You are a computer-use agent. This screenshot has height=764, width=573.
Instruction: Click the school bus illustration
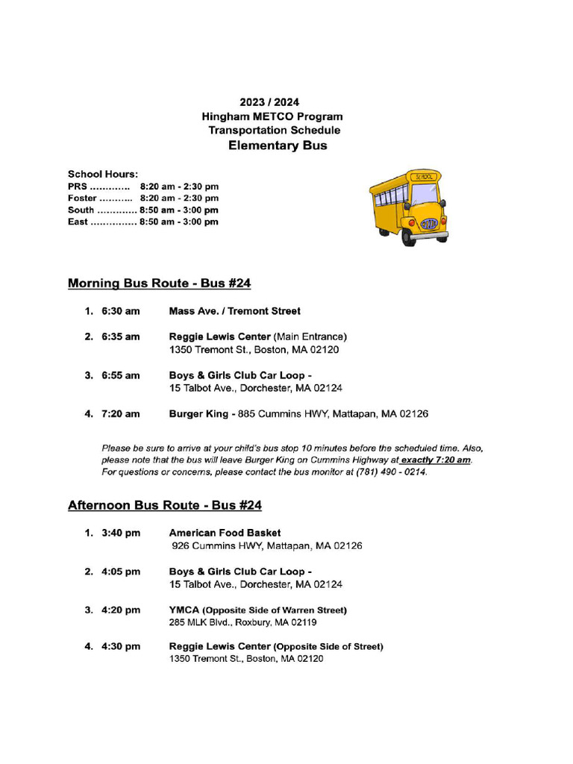tap(408, 207)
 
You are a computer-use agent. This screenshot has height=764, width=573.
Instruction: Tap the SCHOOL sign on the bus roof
tap(424, 177)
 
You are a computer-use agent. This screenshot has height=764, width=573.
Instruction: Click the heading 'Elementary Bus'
tap(277, 145)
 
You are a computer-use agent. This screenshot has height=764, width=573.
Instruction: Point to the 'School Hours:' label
tap(103, 174)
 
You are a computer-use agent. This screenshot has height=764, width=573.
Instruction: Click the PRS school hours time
tap(179, 186)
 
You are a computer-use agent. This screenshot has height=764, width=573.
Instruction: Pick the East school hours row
tap(143, 222)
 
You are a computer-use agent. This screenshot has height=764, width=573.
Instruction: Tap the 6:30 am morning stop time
tap(121, 311)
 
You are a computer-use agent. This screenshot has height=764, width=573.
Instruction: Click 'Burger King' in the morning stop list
tap(198, 413)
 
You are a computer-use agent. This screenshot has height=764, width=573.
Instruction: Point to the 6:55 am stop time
tap(121, 375)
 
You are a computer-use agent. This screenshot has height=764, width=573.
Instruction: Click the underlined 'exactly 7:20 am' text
tap(436, 460)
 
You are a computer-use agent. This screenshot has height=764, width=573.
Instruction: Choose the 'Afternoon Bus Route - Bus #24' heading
tap(164, 505)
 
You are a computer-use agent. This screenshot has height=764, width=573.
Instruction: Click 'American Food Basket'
tap(225, 533)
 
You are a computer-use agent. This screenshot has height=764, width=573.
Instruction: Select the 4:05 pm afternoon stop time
tap(121, 572)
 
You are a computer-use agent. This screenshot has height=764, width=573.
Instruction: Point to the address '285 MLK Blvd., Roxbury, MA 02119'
tap(242, 622)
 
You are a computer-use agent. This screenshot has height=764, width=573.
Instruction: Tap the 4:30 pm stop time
tap(121, 646)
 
